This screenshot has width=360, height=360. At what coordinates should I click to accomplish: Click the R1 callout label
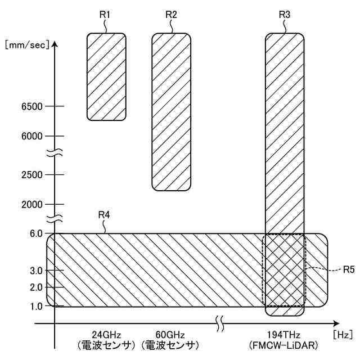tap(105, 15)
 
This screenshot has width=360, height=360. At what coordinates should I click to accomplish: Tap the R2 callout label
tap(171, 15)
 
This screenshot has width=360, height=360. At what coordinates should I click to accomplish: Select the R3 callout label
tap(285, 15)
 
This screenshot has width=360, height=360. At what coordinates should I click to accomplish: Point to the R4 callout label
tap(104, 215)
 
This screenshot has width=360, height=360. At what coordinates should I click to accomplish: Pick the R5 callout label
tap(349, 269)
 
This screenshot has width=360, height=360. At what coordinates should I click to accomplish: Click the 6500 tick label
tap(32, 106)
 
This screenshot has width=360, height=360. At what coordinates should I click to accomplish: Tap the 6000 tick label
tap(32, 136)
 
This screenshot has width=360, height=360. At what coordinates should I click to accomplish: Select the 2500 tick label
tap(32, 175)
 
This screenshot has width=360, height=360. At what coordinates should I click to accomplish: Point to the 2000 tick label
tap(32, 204)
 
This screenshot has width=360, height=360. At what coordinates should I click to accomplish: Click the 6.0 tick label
tap(36, 234)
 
